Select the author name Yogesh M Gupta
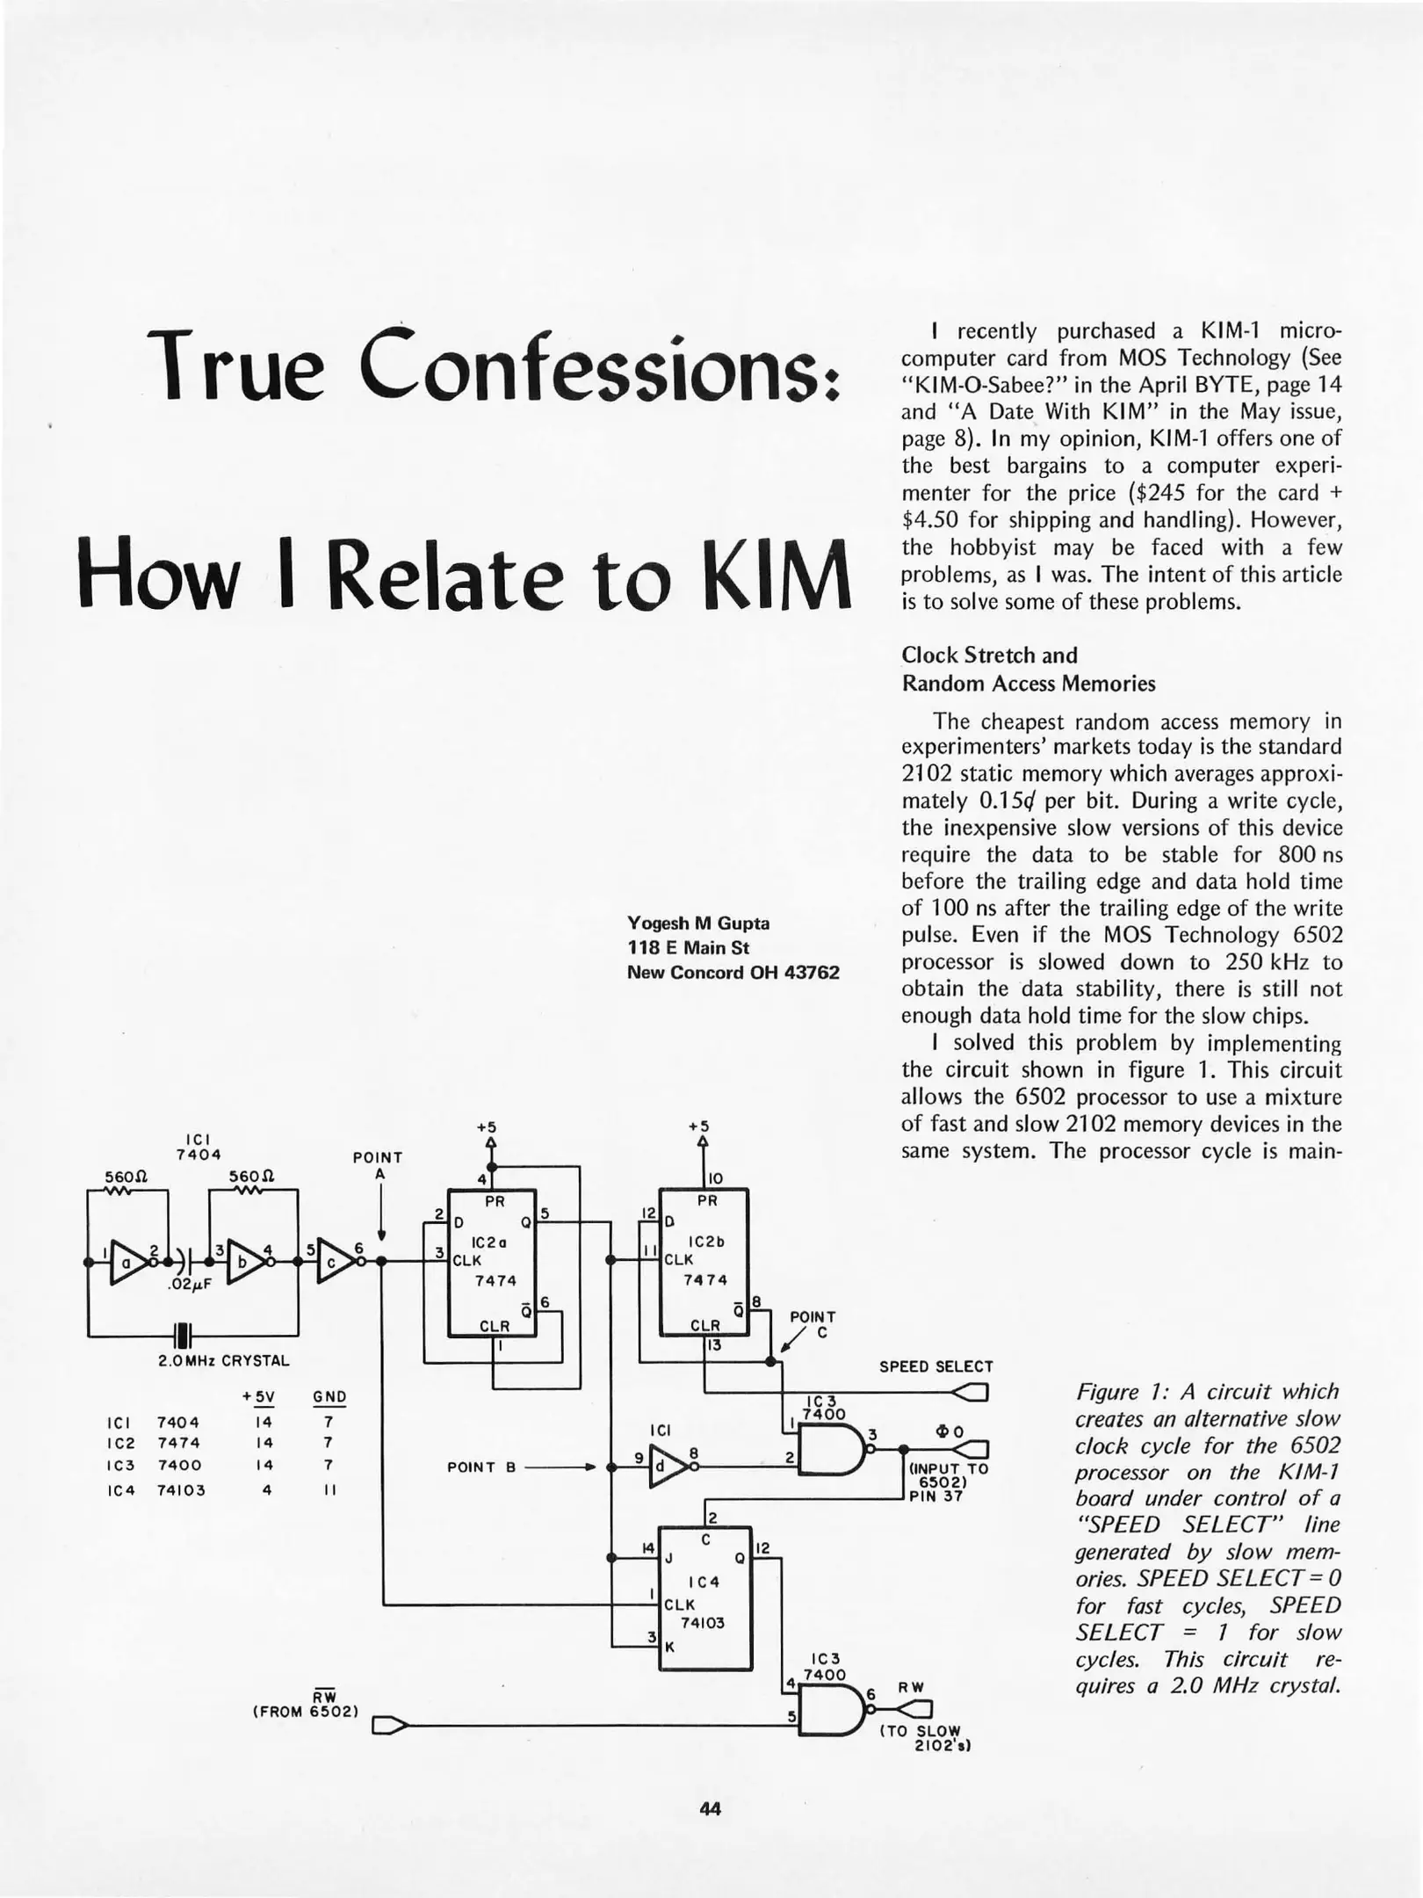pos(697,923)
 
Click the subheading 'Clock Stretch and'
pos(989,655)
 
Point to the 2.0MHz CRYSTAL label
pos(223,1360)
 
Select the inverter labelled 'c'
pos(335,1263)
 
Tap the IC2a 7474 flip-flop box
pos(492,1263)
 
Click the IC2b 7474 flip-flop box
pos(704,1263)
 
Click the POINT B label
pos(480,1467)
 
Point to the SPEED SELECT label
pos(935,1366)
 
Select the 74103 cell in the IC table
pos(181,1489)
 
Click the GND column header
pos(329,1397)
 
